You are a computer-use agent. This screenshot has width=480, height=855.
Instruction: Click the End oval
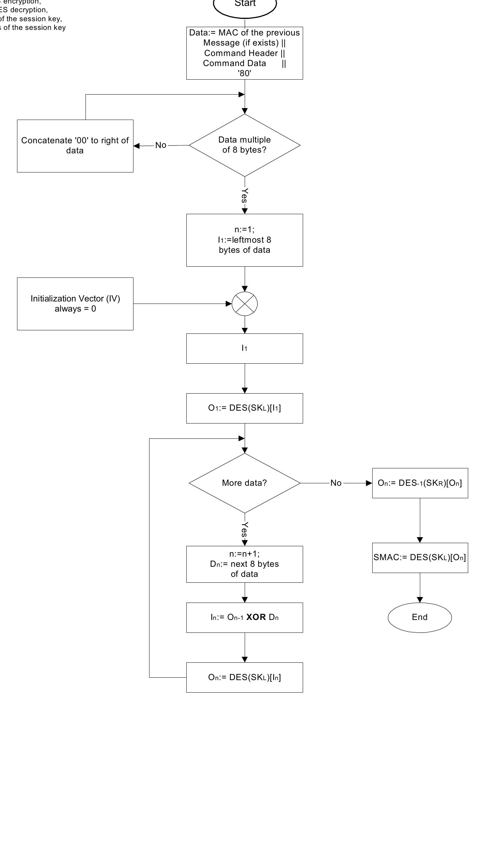[420, 617]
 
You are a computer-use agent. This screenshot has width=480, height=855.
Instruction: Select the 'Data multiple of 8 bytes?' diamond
[244, 145]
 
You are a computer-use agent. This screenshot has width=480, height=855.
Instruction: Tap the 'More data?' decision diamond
[244, 483]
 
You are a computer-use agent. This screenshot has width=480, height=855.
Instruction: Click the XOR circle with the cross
[245, 304]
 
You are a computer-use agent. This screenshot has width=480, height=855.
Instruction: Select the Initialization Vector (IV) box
[75, 304]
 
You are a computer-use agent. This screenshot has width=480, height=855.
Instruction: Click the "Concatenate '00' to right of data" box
[75, 146]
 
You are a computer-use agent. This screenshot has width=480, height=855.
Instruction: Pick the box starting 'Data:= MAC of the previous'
[244, 53]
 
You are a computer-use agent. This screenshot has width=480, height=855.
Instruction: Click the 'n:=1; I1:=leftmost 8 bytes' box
[244, 240]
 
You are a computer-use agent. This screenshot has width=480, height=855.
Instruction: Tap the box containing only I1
[244, 348]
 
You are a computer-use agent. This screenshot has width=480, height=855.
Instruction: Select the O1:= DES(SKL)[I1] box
[244, 408]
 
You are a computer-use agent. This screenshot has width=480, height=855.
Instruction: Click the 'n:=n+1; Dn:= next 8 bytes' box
[244, 564]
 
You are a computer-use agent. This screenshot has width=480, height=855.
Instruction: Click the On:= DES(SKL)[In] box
[244, 677]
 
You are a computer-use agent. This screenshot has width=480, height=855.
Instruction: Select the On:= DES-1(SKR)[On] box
[420, 483]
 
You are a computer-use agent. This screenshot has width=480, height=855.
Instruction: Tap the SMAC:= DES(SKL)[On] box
[420, 557]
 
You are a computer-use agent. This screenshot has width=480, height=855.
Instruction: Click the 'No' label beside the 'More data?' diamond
[336, 483]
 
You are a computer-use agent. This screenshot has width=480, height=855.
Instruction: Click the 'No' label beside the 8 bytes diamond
[161, 145]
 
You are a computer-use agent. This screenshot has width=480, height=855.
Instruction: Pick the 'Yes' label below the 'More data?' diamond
[245, 529]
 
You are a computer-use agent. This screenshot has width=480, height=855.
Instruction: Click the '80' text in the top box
[244, 73]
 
